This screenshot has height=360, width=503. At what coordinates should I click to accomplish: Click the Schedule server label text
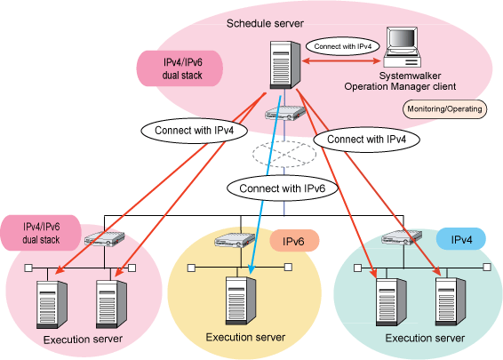click(265, 23)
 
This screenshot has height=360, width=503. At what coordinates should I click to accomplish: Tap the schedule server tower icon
click(285, 65)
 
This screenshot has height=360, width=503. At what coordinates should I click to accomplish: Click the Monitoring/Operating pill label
click(444, 109)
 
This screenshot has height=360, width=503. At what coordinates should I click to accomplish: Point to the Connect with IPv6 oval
click(283, 188)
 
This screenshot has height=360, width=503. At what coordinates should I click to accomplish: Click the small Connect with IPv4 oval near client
click(343, 46)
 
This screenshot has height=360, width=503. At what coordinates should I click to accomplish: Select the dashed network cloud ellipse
click(283, 154)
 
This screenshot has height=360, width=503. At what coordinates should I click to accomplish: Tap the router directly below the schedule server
click(285, 113)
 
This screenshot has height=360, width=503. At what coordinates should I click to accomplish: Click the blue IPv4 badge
click(461, 239)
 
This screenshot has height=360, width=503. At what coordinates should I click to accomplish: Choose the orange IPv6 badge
click(294, 241)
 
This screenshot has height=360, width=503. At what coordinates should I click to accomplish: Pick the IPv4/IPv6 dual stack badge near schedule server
click(180, 68)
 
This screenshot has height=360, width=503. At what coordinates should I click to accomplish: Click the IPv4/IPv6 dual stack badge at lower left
click(40, 233)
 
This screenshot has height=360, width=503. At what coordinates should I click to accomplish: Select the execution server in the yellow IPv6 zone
click(241, 301)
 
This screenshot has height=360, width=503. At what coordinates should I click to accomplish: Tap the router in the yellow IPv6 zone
click(235, 240)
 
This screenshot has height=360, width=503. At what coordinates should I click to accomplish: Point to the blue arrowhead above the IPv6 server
click(251, 268)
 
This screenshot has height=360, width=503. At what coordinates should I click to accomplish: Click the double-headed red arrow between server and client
click(341, 60)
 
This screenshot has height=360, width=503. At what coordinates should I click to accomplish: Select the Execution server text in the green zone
click(425, 338)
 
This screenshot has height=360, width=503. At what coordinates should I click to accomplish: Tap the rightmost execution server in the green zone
click(451, 301)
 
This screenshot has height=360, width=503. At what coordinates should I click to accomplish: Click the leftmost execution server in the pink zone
click(52, 304)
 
